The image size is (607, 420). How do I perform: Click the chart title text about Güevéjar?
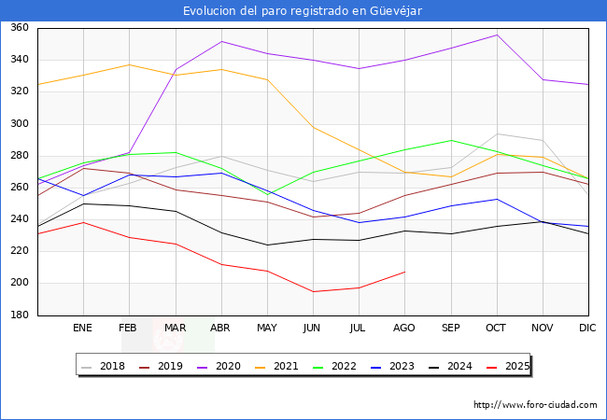303,10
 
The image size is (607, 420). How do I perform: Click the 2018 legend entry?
106,366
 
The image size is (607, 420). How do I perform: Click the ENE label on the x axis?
83,329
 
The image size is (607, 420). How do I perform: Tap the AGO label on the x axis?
404,329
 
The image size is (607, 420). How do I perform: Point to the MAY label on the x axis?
267,329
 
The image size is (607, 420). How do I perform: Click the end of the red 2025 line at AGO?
404,272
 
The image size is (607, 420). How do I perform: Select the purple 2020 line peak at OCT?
497,35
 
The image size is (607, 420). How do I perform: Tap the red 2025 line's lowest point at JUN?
313,291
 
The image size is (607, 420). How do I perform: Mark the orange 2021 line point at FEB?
129,65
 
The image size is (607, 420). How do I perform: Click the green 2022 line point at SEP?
451,140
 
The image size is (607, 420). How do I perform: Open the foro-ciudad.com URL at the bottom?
535,405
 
